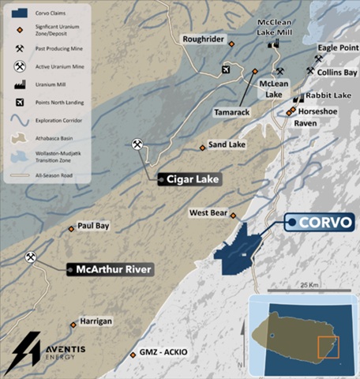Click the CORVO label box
click(x=320, y=223)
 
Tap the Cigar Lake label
click(x=189, y=179)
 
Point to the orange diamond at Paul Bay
click(x=71, y=229)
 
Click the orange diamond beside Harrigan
click(x=73, y=323)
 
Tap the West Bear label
click(x=208, y=213)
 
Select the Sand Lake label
click(x=227, y=144)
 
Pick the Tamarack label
click(x=231, y=112)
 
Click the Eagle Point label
click(x=337, y=47)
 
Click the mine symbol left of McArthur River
click(x=31, y=257)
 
